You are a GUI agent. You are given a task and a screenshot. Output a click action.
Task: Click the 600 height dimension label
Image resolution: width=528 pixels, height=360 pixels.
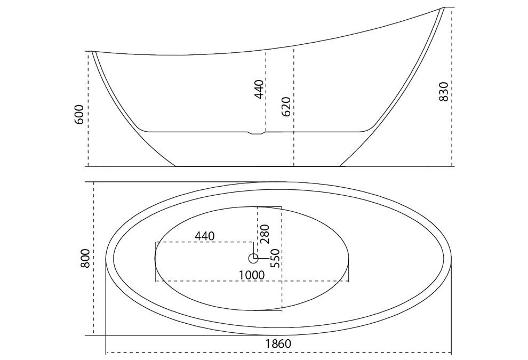(79, 115)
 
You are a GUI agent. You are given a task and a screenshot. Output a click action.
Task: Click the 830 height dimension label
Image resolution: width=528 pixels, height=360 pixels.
(444, 92)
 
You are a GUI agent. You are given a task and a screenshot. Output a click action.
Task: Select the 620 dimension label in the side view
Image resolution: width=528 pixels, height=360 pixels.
(286, 107)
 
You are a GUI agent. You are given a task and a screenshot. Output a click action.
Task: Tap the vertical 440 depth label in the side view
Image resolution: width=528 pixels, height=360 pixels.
(259, 89)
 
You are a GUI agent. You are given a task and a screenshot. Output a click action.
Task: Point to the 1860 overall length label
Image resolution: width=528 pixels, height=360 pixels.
(278, 343)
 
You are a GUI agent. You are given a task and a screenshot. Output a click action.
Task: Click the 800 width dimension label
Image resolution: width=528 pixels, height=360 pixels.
(85, 258)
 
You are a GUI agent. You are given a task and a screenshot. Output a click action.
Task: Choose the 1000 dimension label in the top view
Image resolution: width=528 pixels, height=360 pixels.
(252, 275)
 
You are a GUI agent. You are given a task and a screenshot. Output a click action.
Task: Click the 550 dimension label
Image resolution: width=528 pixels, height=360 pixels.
(275, 258)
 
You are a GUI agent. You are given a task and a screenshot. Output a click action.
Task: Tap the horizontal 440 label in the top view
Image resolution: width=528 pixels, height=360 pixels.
(204, 236)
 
